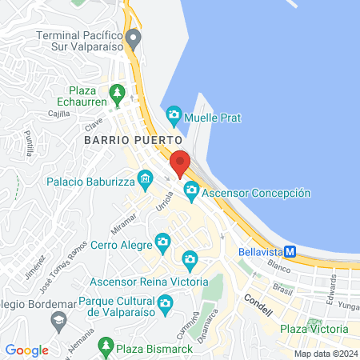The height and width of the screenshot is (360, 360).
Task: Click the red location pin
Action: point(180,162)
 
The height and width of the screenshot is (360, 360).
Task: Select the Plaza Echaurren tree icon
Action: point(118,94)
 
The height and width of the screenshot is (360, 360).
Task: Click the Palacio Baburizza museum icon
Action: point(145,178)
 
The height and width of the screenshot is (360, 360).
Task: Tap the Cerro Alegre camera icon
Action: point(162,242)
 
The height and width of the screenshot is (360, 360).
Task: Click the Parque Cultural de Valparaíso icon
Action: point(165,302)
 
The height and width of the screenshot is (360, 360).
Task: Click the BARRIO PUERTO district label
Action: point(117,138)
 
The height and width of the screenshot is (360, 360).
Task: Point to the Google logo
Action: point(26,350)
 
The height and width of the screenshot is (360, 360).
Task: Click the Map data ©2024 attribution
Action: point(325,353)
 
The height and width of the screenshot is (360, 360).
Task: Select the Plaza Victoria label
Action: point(314,329)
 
